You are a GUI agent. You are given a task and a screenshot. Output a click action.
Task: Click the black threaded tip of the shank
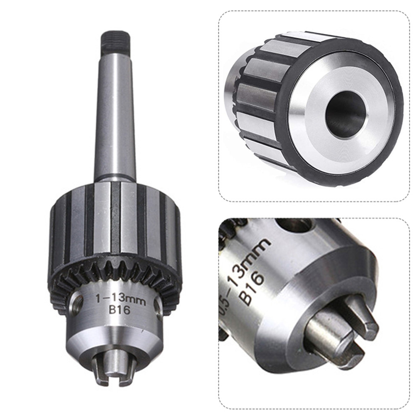pos(115,41)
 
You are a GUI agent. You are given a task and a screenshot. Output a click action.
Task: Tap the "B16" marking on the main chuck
pos(119,310)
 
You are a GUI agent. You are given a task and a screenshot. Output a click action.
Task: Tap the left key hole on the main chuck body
pos(78,304)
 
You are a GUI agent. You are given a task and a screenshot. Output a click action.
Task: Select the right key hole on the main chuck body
pos(158,303)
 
